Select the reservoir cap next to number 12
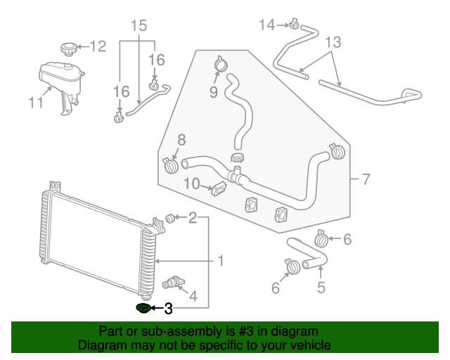tap(68, 49)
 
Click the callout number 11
tap(36, 103)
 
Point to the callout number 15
tap(139, 27)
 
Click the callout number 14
tap(267, 25)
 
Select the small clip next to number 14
tap(294, 27)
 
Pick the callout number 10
tap(192, 184)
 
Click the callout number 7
tap(365, 179)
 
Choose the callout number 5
tap(321, 287)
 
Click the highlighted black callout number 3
tap(168, 309)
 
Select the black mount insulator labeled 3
tap(143, 308)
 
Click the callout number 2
tap(192, 218)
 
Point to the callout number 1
tap(220, 262)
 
